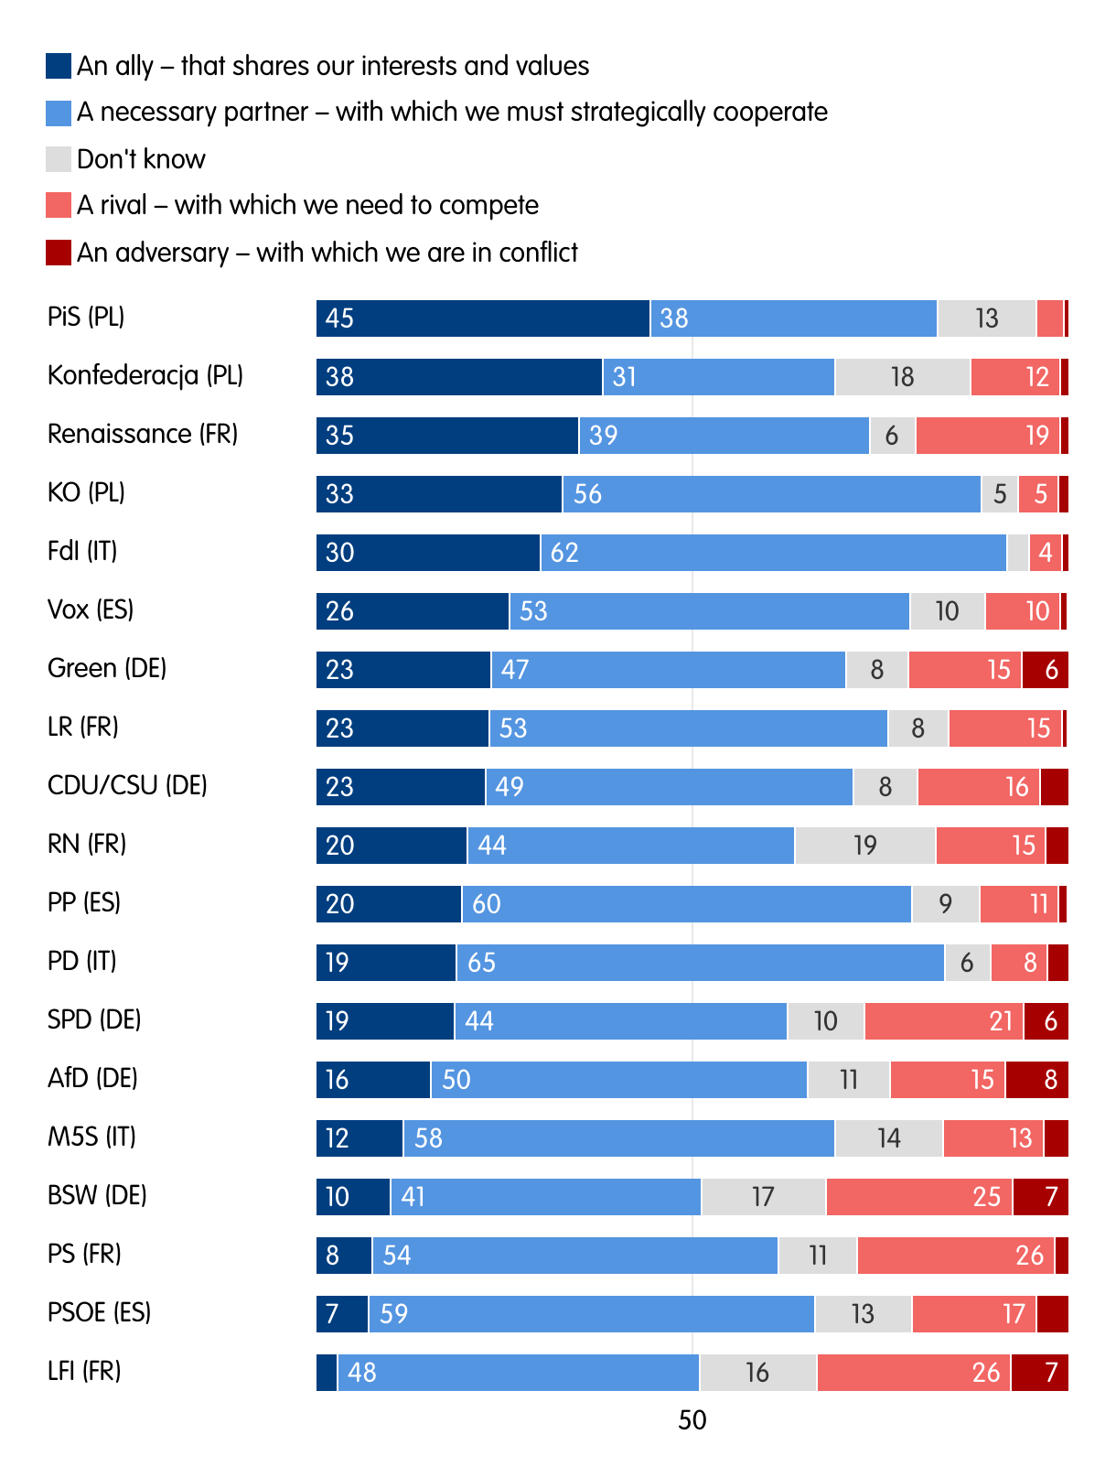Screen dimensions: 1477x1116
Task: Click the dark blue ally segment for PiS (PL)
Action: [x=483, y=318]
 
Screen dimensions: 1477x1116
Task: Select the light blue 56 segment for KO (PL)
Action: [x=772, y=494]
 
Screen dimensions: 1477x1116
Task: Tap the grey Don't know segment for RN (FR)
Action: [x=864, y=846]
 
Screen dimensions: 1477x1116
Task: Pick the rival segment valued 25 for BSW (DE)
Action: [x=918, y=1197]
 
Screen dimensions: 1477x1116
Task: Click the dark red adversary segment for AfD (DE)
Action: [x=1036, y=1080]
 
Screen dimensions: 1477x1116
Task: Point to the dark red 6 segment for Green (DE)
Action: [x=1045, y=670]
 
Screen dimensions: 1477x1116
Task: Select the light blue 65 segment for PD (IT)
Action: [x=700, y=963]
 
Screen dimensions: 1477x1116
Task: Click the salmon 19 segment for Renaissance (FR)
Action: [x=988, y=436]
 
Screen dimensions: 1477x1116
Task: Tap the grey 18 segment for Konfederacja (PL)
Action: [x=902, y=377]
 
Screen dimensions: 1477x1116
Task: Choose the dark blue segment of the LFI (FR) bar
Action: [x=327, y=1373]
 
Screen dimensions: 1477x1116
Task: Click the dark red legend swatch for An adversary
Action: [x=59, y=253]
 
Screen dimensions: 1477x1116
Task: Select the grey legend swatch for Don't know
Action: [x=59, y=159]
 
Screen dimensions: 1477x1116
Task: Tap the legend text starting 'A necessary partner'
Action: [x=452, y=112]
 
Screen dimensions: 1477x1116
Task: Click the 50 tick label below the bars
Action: [x=692, y=1420]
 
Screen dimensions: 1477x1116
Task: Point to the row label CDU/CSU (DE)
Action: [x=127, y=785]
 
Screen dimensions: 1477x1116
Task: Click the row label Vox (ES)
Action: [x=91, y=609]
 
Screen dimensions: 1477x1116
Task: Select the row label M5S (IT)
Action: [x=91, y=1137]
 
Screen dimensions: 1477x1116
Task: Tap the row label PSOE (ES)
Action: [x=99, y=1312]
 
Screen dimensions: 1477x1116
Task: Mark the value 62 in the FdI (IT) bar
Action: [x=564, y=553]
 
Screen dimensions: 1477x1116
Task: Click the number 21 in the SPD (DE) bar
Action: [x=1001, y=1021]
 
